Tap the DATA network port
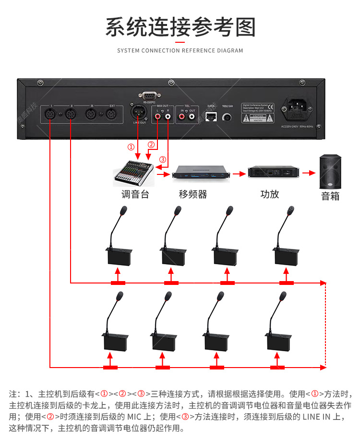210,116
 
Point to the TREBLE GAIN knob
228,117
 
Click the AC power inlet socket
300,110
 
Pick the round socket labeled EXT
112,115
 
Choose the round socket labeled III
91,115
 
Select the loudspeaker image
331,172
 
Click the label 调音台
133,195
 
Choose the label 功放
269,194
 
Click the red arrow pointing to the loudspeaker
309,172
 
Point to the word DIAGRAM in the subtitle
230,50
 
